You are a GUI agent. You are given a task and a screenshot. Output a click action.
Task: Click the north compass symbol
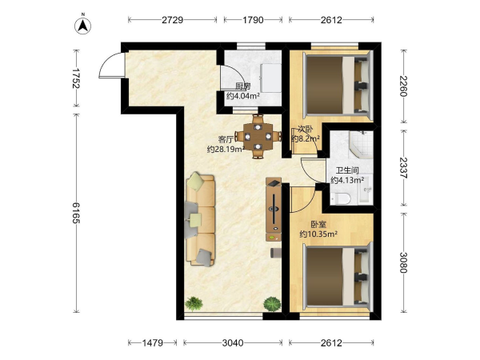pyautogui.click(x=82, y=25)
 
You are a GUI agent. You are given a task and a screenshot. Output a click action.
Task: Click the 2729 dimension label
pyautogui.click(x=172, y=20)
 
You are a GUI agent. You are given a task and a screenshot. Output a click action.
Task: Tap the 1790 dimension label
pyautogui.click(x=253, y=20)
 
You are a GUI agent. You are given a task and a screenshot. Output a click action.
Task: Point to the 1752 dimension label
pyautogui.click(x=76, y=78)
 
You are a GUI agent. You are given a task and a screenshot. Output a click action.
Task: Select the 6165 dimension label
pyautogui.click(x=76, y=213)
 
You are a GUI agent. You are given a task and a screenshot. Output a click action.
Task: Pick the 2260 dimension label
pyautogui.click(x=403, y=86)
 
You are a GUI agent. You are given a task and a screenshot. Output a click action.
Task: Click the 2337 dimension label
pyautogui.click(x=403, y=168)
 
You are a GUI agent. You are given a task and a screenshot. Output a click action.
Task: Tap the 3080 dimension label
pyautogui.click(x=403, y=262)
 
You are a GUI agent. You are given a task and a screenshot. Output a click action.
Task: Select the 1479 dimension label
pyautogui.click(x=153, y=342)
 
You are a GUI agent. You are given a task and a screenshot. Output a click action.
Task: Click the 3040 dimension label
pyautogui.click(x=233, y=342)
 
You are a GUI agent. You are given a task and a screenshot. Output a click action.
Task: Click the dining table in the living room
pyautogui.click(x=258, y=137)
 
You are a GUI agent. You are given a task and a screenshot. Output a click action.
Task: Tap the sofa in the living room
pyautogui.click(x=200, y=219)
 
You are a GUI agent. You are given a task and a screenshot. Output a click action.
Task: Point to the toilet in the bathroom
pyautogui.click(x=341, y=198)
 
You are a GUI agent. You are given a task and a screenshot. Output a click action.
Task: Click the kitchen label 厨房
pyautogui.click(x=242, y=86)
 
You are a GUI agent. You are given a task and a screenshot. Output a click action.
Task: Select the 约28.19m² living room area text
pyautogui.click(x=226, y=150)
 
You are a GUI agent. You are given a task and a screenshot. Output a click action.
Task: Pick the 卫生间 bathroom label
pyautogui.click(x=347, y=170)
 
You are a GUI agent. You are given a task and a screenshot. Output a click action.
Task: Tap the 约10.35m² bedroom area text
pyautogui.click(x=318, y=234)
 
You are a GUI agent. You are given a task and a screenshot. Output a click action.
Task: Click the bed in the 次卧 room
pyautogui.click(x=338, y=86)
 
